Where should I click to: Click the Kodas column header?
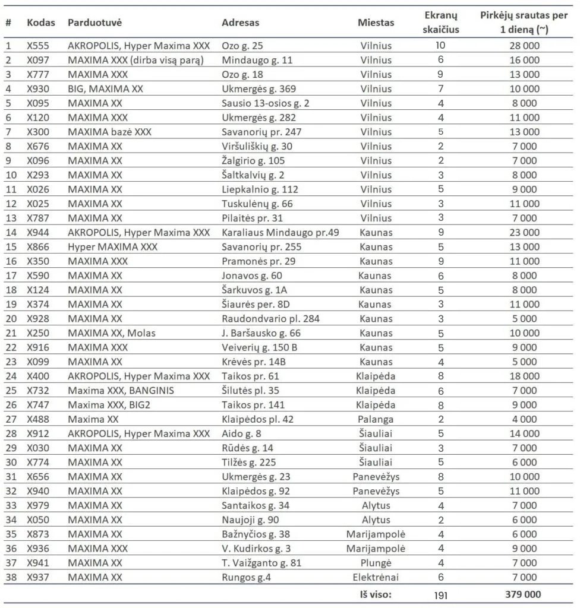41,23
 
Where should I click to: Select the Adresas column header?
240,23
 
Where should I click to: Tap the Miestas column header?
376,23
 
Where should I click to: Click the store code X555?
39,45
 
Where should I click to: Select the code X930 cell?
39,88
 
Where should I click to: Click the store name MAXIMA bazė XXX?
106,132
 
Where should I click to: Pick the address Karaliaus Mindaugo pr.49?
280,232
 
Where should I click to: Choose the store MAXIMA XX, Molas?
112,332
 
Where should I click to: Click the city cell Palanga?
376,419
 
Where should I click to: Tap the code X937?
39,577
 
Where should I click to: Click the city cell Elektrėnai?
376,577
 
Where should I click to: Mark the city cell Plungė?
376,562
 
